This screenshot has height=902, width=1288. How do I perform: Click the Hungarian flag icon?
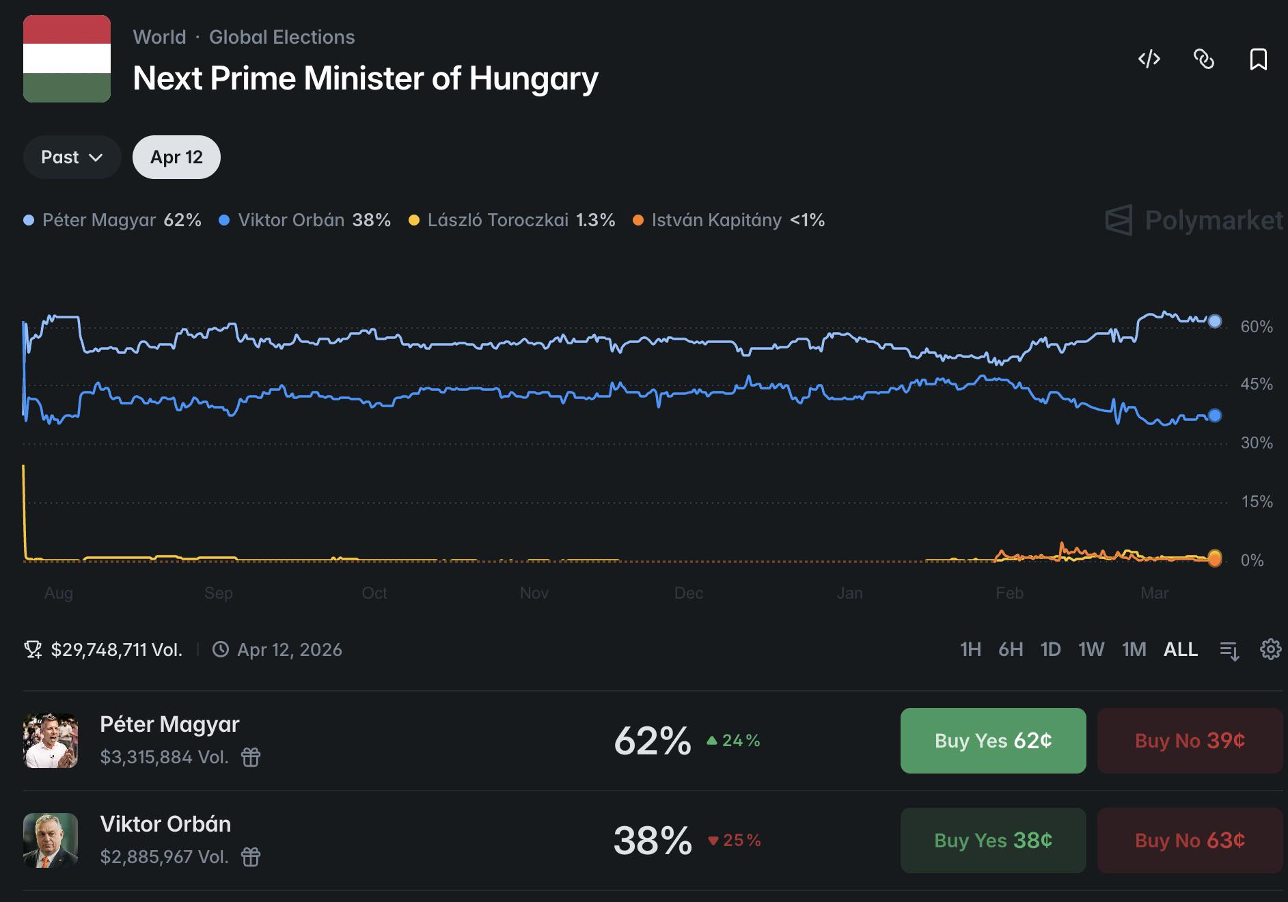[67, 59]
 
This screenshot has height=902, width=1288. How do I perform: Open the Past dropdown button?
[72, 157]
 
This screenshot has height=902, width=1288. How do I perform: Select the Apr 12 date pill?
[176, 157]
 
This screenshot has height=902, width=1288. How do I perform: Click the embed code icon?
[1149, 59]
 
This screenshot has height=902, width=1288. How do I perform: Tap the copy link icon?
[1203, 59]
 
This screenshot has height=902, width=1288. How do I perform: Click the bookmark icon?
[1258, 59]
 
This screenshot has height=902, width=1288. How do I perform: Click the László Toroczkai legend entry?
[512, 220]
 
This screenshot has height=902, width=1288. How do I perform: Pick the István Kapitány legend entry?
[729, 220]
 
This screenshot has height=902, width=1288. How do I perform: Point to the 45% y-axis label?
[1257, 385]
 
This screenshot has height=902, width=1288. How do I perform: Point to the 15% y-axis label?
[1257, 502]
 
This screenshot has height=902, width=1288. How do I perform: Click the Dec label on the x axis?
[689, 593]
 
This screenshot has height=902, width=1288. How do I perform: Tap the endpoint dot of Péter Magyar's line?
[1214, 321]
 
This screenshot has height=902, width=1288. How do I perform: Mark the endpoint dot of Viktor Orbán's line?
[1214, 415]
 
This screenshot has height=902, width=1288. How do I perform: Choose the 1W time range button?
[1091, 649]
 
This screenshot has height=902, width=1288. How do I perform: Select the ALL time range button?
[1180, 649]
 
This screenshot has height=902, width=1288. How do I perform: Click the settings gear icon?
[1270, 649]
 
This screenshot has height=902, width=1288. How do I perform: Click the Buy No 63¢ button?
[1190, 840]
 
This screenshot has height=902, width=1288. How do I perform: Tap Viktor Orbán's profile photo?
[51, 840]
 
